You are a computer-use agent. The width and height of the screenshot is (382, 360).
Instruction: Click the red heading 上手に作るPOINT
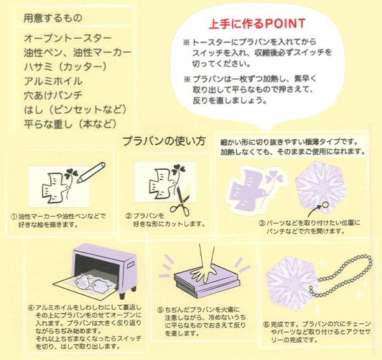click(x=257, y=24)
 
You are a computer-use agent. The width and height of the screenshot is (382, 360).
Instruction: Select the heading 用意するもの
click(x=53, y=18)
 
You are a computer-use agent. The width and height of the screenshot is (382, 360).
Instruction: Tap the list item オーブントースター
click(x=67, y=38)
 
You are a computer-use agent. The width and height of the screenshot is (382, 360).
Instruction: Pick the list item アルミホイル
click(x=53, y=81)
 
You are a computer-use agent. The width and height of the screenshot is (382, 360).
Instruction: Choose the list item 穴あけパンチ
click(x=53, y=95)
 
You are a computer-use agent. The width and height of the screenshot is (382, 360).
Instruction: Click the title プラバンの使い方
click(x=164, y=141)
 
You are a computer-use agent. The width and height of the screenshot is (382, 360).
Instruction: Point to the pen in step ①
click(x=91, y=172)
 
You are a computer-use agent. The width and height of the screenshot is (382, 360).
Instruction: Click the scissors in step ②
click(x=180, y=201)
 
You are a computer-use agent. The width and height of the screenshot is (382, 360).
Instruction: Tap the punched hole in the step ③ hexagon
click(x=324, y=205)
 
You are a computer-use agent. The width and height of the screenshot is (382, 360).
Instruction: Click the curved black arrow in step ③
click(x=314, y=211)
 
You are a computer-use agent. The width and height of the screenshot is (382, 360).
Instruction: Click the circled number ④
click(x=31, y=308)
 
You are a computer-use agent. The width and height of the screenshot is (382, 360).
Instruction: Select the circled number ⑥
click(x=266, y=324)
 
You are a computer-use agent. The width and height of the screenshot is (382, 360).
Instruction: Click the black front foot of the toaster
click(x=122, y=295)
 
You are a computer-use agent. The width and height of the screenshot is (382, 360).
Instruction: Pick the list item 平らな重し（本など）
click(x=70, y=124)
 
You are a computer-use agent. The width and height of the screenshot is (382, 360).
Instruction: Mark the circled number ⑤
click(x=160, y=310)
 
